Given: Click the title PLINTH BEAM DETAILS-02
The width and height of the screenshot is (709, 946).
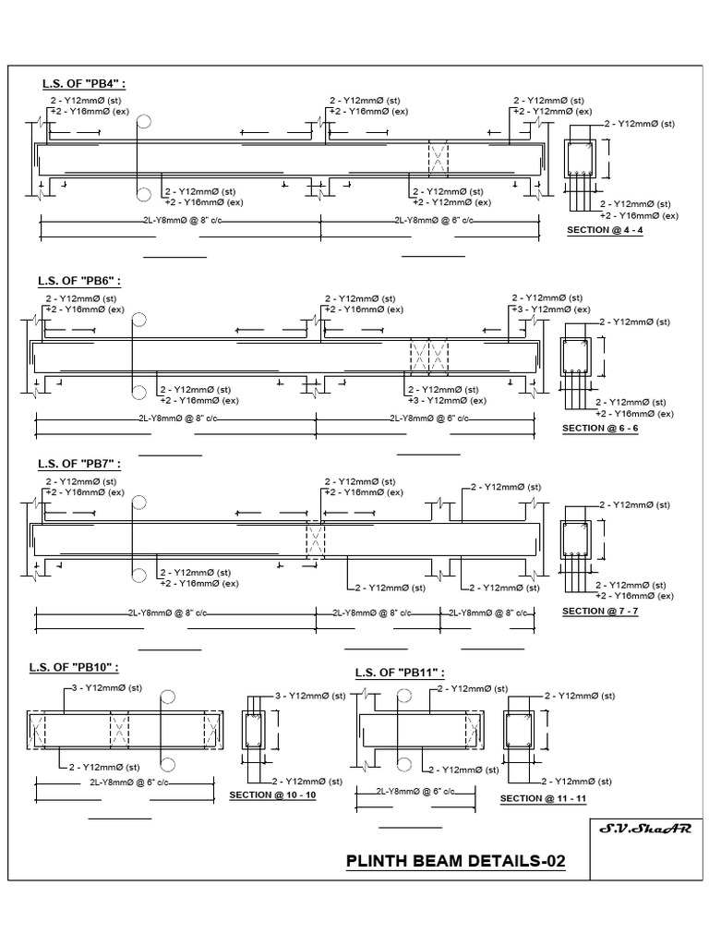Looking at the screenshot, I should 455,861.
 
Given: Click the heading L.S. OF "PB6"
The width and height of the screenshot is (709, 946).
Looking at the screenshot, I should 79,280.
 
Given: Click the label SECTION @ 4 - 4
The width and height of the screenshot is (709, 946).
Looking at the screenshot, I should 605,229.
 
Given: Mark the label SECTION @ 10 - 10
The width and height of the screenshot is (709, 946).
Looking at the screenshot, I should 272,794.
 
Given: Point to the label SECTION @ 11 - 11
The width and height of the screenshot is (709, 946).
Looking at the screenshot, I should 544,797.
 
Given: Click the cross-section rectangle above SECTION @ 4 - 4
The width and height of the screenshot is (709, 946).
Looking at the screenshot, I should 580,159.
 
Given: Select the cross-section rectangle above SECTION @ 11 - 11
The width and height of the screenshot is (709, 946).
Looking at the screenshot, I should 517,731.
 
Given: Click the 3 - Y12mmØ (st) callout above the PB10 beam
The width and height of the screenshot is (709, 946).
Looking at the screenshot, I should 107,688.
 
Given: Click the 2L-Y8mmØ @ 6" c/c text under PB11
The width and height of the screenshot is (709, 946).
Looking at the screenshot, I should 415,791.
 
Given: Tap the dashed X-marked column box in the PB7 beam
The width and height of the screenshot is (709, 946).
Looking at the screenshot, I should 316,540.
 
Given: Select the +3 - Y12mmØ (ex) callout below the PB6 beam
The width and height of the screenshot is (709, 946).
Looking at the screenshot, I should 447,401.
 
